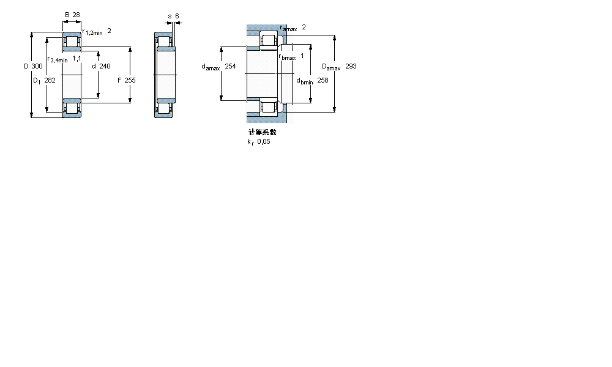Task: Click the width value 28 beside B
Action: [76, 14]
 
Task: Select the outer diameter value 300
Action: [37, 66]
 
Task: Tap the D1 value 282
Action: [50, 80]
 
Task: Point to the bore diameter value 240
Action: [105, 66]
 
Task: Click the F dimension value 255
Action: [130, 80]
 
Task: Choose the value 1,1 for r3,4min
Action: [77, 58]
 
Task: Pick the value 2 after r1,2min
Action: [109, 31]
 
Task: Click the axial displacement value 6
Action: [177, 16]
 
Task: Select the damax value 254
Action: [230, 66]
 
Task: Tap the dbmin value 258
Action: [323, 80]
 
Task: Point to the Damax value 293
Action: [351, 66]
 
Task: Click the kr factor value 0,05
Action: [263, 141]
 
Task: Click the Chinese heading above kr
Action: [261, 132]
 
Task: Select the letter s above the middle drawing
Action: [170, 16]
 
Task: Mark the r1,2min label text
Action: [92, 32]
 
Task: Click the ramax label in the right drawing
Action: [288, 29]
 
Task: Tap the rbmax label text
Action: [287, 57]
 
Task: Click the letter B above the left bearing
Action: [67, 14]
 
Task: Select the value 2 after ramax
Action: [304, 27]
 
